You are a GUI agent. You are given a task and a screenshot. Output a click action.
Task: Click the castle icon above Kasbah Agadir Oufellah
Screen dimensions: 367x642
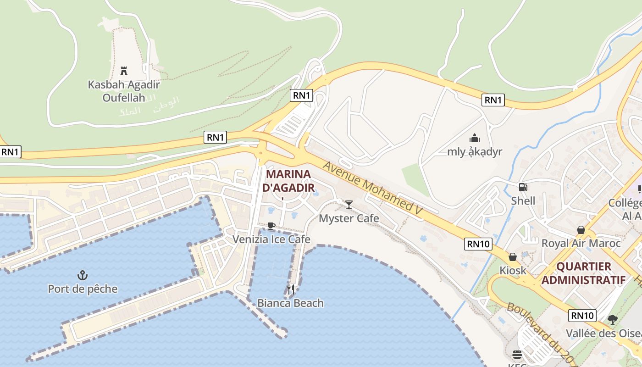coord(123,71)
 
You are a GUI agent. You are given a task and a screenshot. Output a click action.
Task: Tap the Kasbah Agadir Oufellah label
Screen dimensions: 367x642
coord(124,91)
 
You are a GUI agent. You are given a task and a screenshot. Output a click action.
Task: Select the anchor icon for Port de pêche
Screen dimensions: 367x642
coord(83,275)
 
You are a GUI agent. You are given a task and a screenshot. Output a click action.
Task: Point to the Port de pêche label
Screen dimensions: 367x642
coord(83,289)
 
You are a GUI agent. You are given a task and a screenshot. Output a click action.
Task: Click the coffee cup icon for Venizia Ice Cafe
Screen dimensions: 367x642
coord(271,226)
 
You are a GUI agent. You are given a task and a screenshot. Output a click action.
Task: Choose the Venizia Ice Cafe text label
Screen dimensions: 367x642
coord(271,239)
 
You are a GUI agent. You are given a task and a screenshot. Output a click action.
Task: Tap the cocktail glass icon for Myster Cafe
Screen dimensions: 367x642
coord(349,204)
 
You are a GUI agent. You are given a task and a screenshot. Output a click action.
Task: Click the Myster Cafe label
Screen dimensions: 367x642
coord(349,218)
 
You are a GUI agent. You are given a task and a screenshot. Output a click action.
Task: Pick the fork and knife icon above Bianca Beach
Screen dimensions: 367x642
coord(290,289)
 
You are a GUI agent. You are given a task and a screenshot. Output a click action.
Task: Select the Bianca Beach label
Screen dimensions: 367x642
coord(290,303)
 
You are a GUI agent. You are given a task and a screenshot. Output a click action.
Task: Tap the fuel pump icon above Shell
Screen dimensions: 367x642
coord(523,187)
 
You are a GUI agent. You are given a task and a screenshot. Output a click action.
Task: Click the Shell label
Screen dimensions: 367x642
coord(523,201)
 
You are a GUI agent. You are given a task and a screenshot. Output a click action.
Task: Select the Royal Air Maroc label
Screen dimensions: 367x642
coord(581,243)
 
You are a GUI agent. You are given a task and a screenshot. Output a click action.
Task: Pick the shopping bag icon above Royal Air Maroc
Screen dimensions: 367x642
coord(581,229)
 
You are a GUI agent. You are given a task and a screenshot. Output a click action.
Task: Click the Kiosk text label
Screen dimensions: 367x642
coord(513,271)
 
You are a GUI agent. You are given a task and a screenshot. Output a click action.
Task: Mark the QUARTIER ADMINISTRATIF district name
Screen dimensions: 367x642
coord(583,273)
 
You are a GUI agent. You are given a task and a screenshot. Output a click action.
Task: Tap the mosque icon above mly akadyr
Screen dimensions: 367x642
coord(475,138)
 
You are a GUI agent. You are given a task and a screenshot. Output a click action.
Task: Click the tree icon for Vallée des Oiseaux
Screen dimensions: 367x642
coord(612,319)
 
